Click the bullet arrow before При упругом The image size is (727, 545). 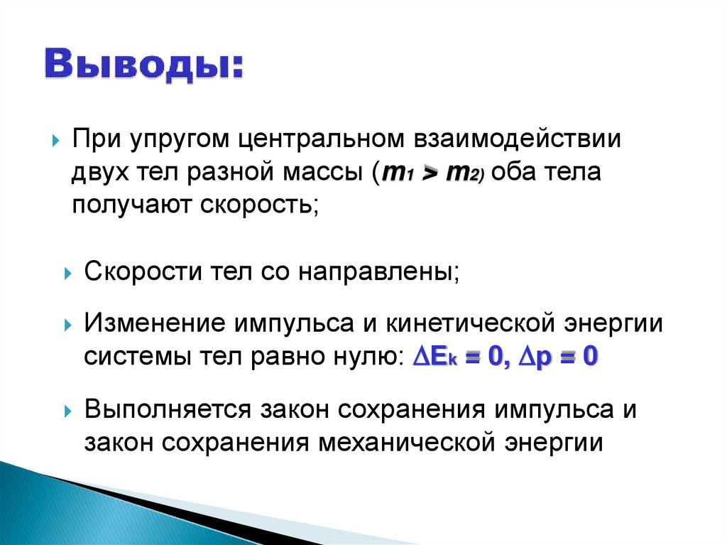tap(56, 140)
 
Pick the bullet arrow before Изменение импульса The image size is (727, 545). tap(68, 325)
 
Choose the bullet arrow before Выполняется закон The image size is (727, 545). tap(68, 411)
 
